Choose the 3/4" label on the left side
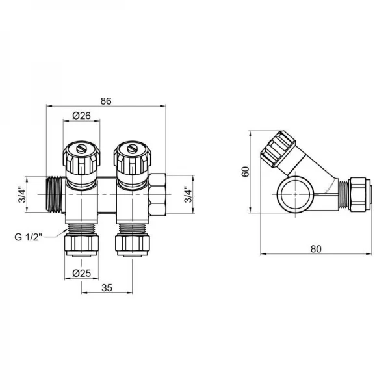click(21, 193)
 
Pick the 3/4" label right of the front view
click(188, 193)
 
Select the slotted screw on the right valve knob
click(130, 151)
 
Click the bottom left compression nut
click(83, 245)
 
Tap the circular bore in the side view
click(296, 193)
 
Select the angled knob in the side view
click(278, 149)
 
